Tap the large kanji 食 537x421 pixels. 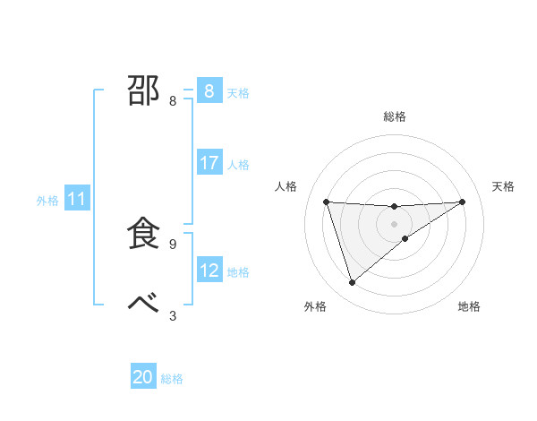(x=144, y=233)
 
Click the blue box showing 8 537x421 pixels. (x=209, y=90)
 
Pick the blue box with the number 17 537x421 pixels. (x=209, y=163)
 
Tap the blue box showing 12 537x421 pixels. (x=209, y=270)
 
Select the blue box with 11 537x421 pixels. (x=77, y=200)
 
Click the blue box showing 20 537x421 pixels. (x=143, y=377)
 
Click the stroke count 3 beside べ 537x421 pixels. (x=173, y=315)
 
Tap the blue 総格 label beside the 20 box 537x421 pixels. (x=172, y=379)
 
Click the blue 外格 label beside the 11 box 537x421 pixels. (x=47, y=201)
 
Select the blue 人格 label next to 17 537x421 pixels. (x=238, y=165)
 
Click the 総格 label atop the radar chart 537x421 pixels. (x=394, y=116)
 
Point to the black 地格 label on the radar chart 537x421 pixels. (x=469, y=307)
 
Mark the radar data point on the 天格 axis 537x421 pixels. (x=462, y=202)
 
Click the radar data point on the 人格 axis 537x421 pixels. (x=326, y=202)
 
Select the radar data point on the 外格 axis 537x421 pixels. (x=352, y=283)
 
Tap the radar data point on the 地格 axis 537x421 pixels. (x=405, y=238)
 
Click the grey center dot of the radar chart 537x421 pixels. (x=394, y=224)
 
